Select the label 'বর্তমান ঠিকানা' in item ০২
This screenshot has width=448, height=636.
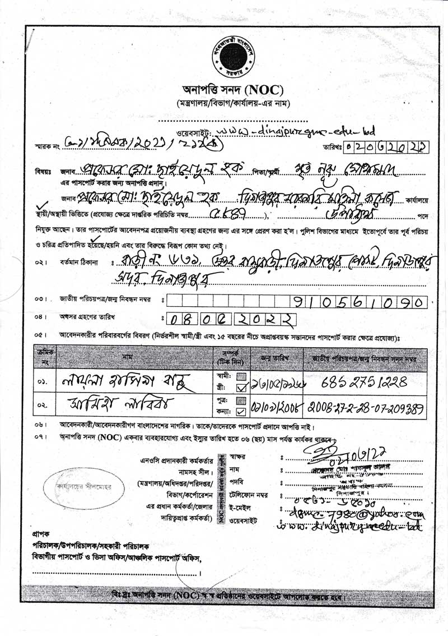coord(81,262)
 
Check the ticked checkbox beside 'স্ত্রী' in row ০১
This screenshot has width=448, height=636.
coord(241,386)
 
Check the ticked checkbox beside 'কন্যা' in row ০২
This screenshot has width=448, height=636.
coord(241,411)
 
